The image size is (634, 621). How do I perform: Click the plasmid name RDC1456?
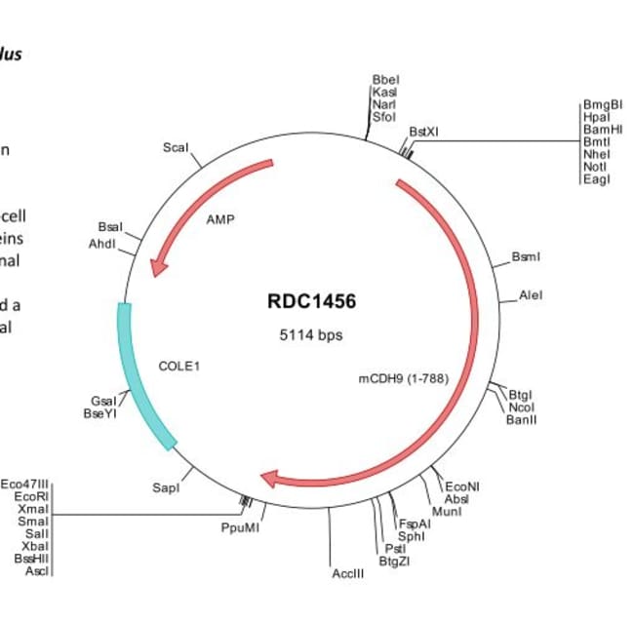coord(311,301)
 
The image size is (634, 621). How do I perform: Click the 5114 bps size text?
coord(311,334)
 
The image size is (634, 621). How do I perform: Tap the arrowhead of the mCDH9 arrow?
coord(272,478)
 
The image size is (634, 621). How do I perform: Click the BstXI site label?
coord(424,131)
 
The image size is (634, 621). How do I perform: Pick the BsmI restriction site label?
coord(526,257)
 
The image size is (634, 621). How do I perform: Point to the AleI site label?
coord(531,293)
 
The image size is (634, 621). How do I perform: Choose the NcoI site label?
coord(521,407)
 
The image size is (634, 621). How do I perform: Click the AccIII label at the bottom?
coord(348,573)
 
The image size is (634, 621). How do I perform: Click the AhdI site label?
coord(102,243)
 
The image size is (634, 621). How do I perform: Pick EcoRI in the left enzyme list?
coord(31,496)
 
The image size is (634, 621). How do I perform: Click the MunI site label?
coord(446,511)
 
